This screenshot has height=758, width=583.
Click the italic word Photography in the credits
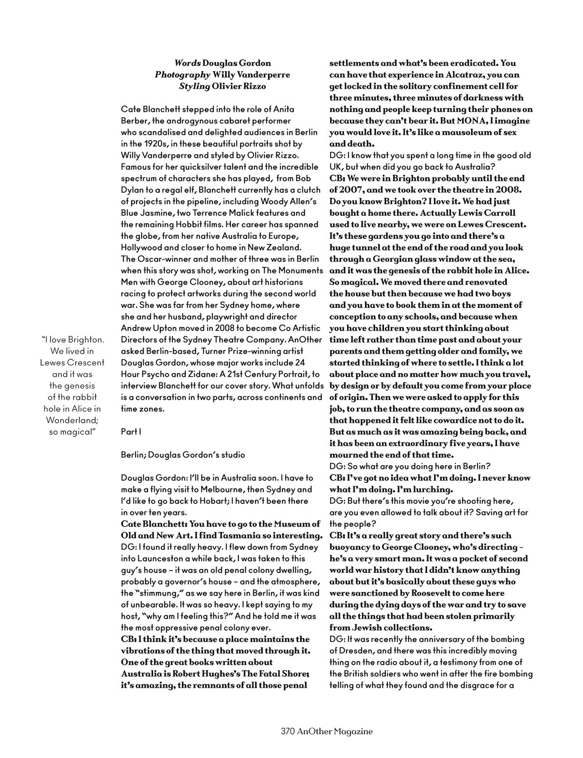(x=182, y=75)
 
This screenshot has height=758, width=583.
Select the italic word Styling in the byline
(x=194, y=86)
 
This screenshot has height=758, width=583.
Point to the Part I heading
(x=131, y=432)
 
